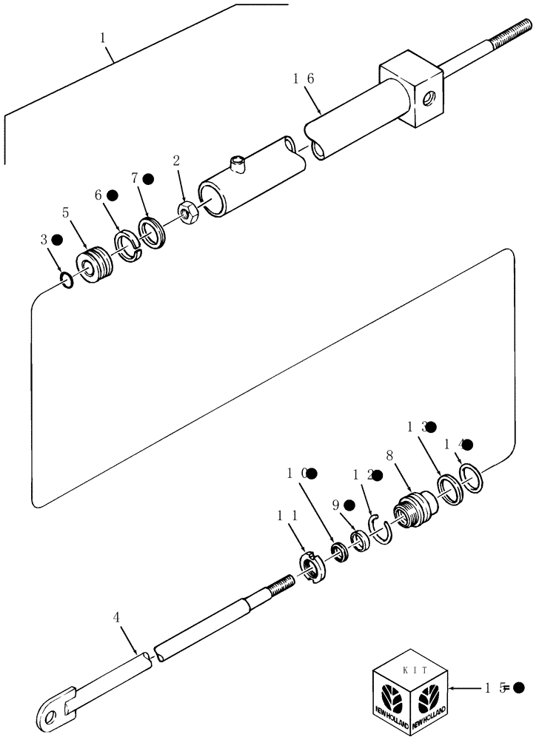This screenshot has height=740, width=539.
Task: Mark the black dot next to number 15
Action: [x=518, y=688]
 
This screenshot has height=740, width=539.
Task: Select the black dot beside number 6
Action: [x=113, y=195]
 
